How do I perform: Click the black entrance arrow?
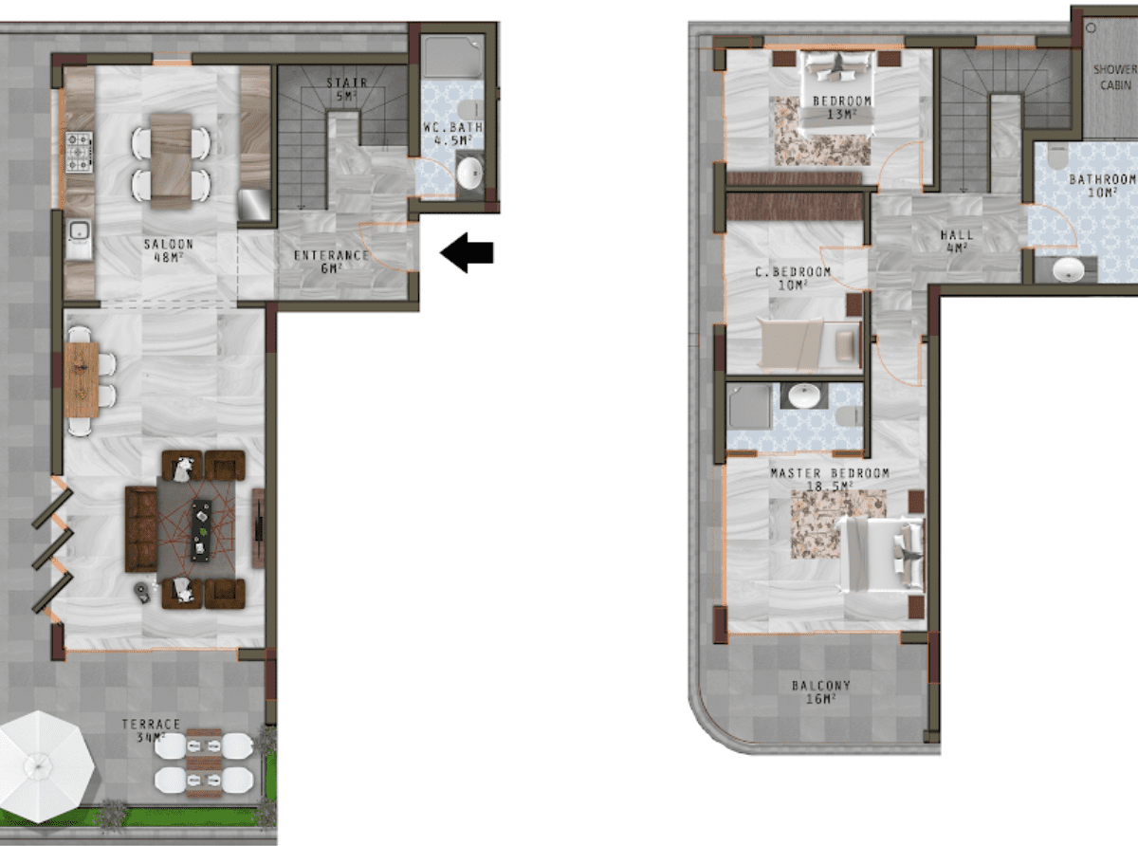[x=467, y=252]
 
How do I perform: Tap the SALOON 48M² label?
[x=168, y=250]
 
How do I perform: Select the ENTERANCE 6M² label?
[x=332, y=262]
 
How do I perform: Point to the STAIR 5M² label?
[x=347, y=89]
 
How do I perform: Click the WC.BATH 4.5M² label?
[x=452, y=134]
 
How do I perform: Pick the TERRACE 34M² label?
[x=151, y=730]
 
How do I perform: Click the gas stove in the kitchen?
[x=79, y=152]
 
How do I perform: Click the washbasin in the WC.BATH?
[x=469, y=173]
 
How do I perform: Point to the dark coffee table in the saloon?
[x=201, y=530]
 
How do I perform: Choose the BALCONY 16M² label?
[x=821, y=692]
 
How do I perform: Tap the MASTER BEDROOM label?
[x=830, y=473]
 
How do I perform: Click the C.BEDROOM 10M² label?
[x=793, y=278]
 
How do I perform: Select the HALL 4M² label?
[x=957, y=241]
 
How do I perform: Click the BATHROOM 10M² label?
[x=1103, y=186]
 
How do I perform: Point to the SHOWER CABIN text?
[x=1115, y=77]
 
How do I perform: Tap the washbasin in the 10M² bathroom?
[x=1069, y=269]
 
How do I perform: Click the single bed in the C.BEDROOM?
[x=809, y=344]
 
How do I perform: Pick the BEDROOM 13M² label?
[x=842, y=108]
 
